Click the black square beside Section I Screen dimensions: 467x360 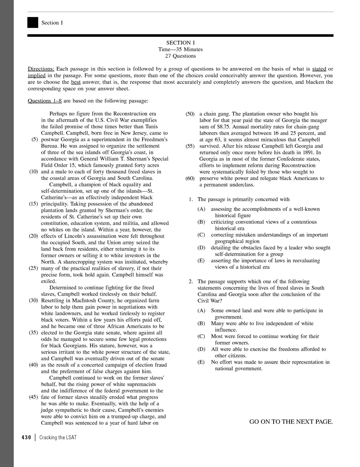pyautogui.click(x=32, y=22)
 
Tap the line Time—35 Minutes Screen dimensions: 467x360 pyautogui.click(x=180, y=49)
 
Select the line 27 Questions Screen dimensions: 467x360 pyautogui.click(x=180, y=56)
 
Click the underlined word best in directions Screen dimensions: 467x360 pyautogui.click(x=76, y=82)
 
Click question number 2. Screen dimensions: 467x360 pyautogui.click(x=191, y=282)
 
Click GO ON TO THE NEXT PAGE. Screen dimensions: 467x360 pyautogui.click(x=291, y=422)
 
